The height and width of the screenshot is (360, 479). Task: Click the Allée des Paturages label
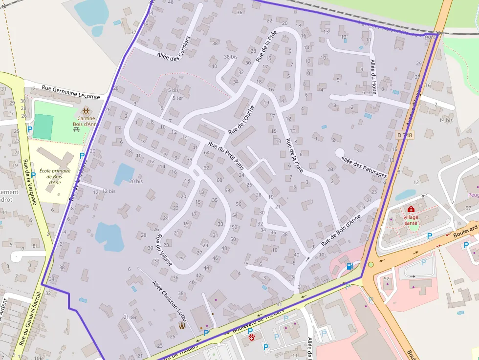coord(364,168)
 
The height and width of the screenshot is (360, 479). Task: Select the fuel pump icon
coord(349,266)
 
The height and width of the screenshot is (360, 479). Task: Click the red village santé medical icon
coord(411,210)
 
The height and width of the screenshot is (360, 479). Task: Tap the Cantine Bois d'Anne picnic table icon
coord(86,111)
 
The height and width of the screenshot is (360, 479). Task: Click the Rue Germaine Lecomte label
coord(71,92)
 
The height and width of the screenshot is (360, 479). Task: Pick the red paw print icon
coord(252,337)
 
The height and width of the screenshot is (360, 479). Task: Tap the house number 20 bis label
coord(135,181)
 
